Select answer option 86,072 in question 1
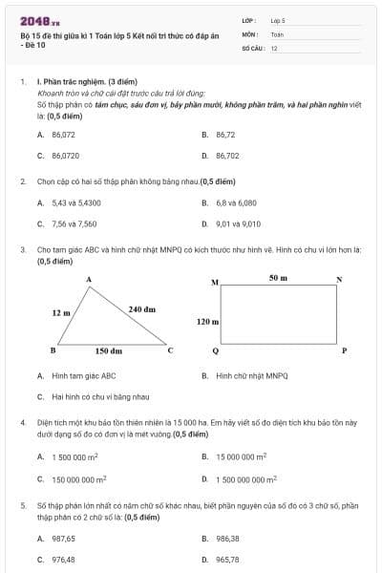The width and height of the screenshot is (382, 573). tap(64, 135)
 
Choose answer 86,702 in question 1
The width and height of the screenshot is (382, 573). tap(227, 155)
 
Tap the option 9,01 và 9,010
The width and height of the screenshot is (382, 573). tap(238, 223)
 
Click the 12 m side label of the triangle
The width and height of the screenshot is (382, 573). tap(61, 312)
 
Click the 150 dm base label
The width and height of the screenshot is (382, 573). tap(108, 350)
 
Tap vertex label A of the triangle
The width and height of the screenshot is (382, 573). tap(89, 279)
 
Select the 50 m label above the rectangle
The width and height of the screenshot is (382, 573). tap(278, 277)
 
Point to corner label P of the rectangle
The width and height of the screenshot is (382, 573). tap(344, 350)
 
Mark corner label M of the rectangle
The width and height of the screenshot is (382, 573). tap(214, 283)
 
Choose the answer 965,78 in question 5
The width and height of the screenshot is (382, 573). tap(227, 560)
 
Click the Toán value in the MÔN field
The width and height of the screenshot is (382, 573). tap(278, 33)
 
